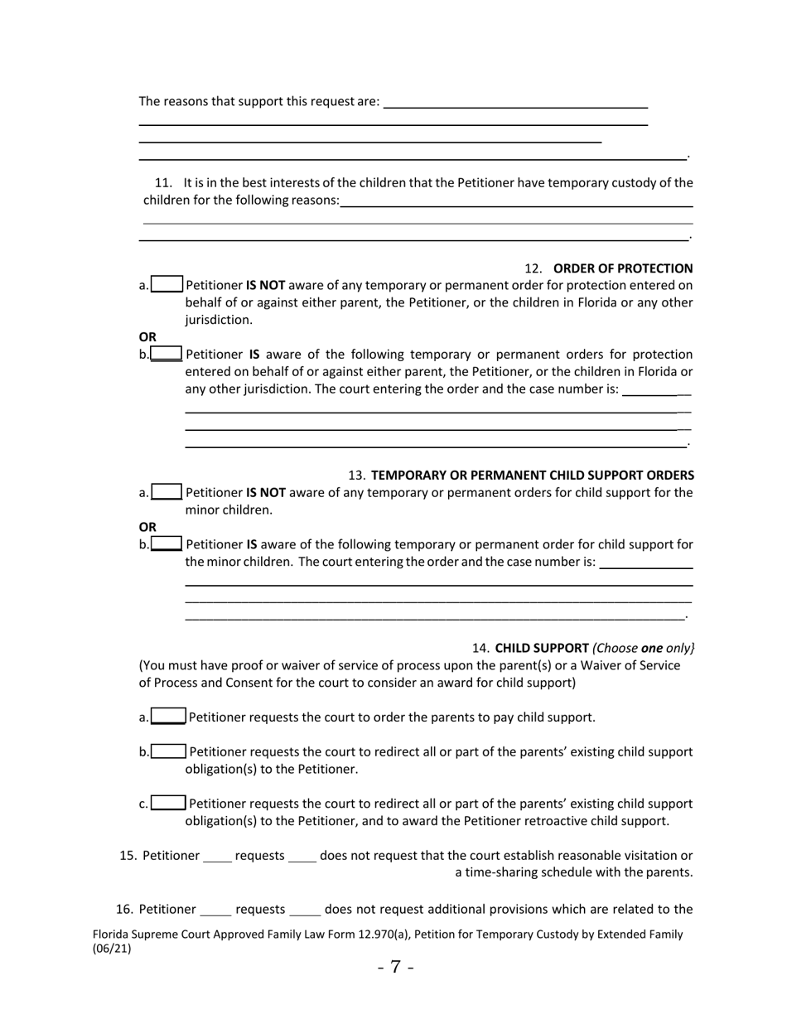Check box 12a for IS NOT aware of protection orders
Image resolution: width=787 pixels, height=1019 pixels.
click(167, 285)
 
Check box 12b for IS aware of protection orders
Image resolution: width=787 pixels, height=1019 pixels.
click(167, 355)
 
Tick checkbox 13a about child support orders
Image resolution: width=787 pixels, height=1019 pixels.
click(167, 492)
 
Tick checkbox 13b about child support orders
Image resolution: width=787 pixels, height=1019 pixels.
click(167, 544)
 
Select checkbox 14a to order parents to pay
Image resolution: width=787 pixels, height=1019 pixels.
click(168, 717)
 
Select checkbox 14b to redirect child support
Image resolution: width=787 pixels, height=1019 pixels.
click(168, 751)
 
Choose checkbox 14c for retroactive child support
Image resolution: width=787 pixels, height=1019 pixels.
click(168, 803)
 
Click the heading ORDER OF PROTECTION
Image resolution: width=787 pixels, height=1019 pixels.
click(622, 268)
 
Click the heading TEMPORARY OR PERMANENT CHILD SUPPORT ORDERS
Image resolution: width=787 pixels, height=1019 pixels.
click(533, 476)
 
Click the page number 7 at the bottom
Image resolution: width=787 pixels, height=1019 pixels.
click(395, 967)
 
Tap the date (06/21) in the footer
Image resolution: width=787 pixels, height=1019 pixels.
click(112, 949)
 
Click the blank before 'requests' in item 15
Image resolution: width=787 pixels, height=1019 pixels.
click(217, 857)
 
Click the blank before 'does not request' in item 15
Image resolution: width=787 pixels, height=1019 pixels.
click(302, 857)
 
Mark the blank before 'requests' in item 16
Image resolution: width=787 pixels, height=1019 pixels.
click(215, 910)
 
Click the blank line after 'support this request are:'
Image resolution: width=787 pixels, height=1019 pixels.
click(515, 103)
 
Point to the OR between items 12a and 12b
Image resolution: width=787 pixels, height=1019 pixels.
click(147, 337)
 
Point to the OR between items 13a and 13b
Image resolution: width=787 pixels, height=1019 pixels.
click(147, 527)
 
